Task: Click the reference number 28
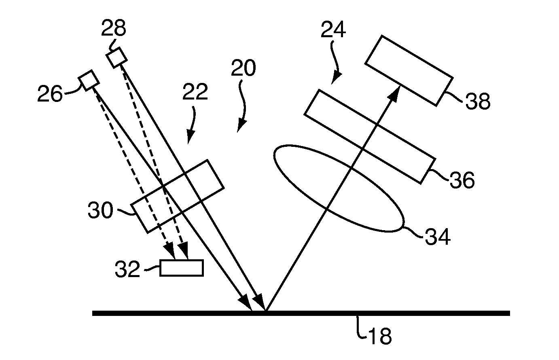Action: coord(114,28)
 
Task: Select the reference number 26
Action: coord(50,93)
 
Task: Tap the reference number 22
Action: coord(195,91)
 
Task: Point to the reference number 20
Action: coord(244,68)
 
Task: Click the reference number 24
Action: coord(333,30)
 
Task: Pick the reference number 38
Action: coord(478,101)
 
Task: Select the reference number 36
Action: coord(462,180)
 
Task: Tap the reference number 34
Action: coord(438,237)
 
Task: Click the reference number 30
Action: coord(100,210)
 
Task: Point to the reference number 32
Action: coord(127,269)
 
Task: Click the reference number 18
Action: coord(380,336)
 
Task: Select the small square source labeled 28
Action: coord(116,57)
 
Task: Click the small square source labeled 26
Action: coord(89,80)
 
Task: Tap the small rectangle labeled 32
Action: coord(182,268)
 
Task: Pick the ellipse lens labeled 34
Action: coord(339,188)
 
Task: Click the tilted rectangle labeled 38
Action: coord(409,71)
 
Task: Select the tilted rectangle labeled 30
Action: coord(178,196)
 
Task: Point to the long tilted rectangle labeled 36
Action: coord(370,137)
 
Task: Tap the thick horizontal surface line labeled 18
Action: coord(301,313)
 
